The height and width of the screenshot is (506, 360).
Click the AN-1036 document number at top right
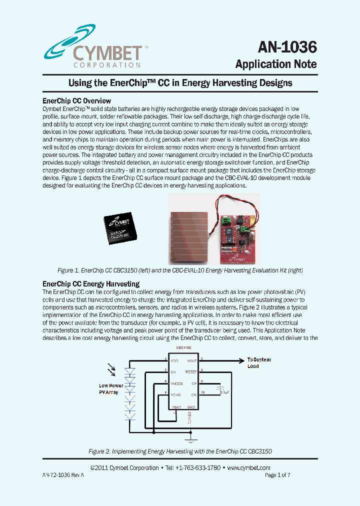click(x=287, y=47)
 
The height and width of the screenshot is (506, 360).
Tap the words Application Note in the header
click(x=275, y=64)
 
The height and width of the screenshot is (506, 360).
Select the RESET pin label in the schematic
click(x=190, y=372)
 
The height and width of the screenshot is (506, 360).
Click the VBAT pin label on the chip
click(x=176, y=407)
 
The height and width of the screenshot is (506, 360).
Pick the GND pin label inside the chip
click(x=190, y=407)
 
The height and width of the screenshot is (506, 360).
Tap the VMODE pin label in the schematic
click(x=176, y=383)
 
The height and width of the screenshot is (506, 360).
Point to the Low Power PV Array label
click(x=111, y=389)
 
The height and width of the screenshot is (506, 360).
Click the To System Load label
click(x=259, y=362)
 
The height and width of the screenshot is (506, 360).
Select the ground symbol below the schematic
click(x=189, y=439)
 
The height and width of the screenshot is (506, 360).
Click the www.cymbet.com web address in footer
click(x=248, y=468)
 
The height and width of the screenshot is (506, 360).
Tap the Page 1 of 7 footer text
click(x=277, y=475)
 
